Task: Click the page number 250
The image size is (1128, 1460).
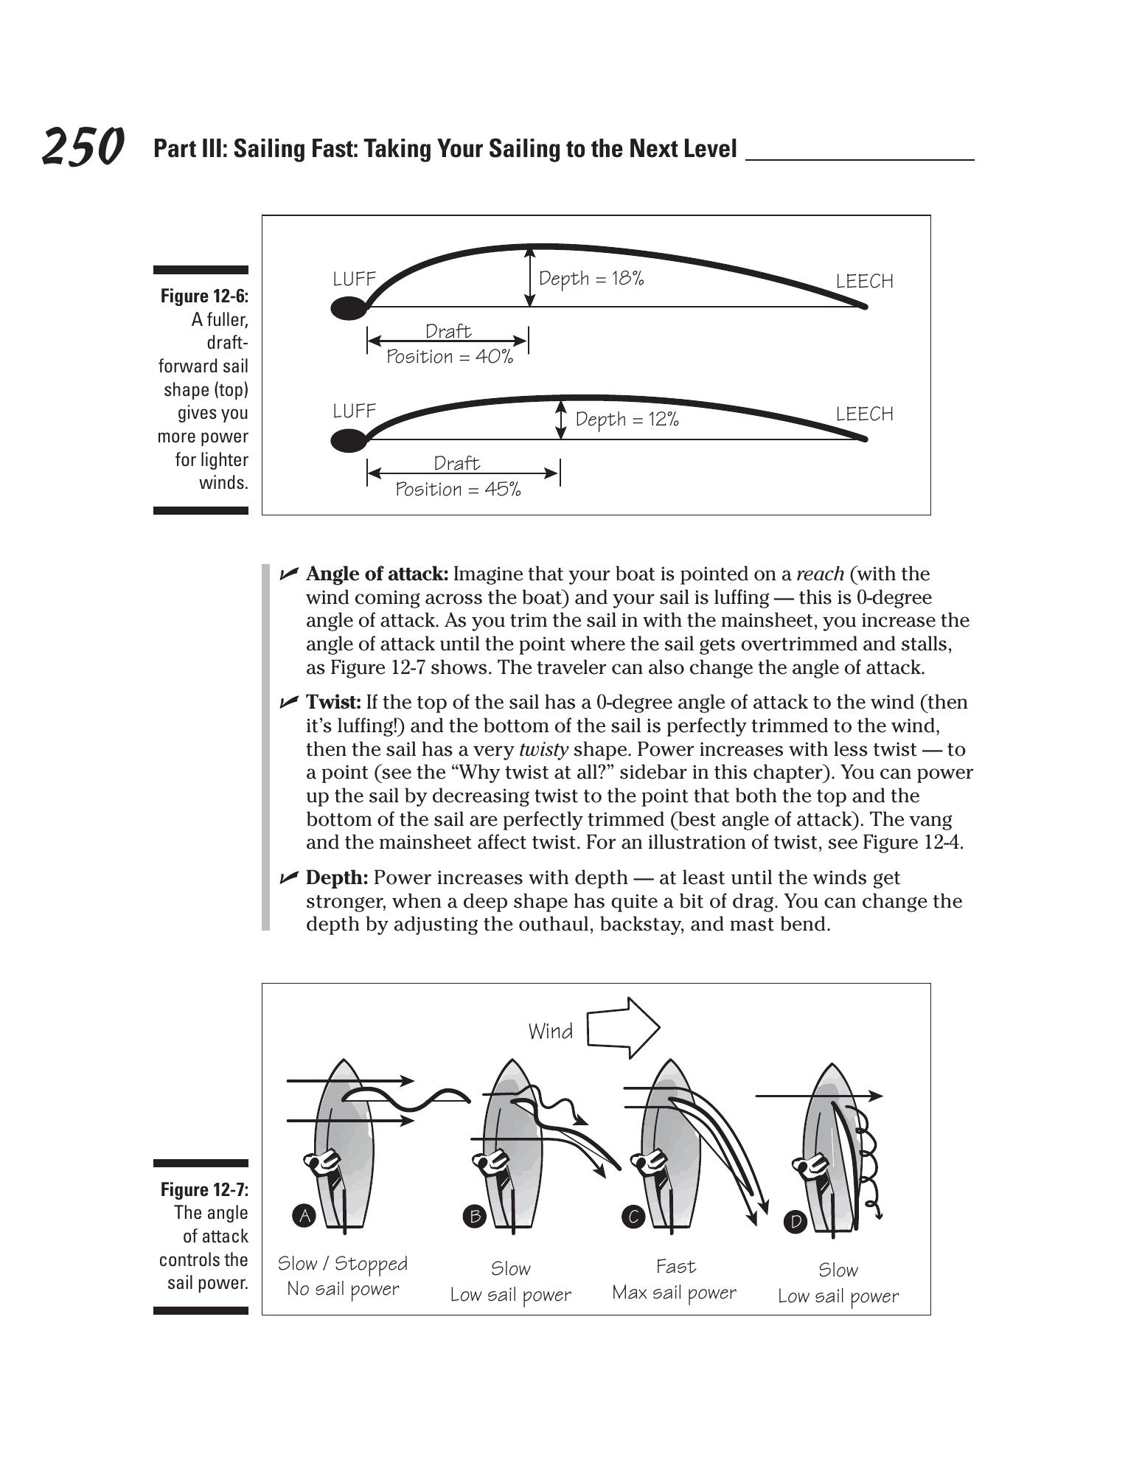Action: pyautogui.click(x=83, y=147)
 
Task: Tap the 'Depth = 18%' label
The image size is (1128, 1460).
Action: pyautogui.click(x=591, y=279)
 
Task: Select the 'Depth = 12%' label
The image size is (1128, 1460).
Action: pyautogui.click(x=627, y=420)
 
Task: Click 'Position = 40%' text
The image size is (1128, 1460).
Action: pyautogui.click(x=450, y=357)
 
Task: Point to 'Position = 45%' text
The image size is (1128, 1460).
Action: pyautogui.click(x=458, y=490)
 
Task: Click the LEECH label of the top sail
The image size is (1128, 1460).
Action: pyautogui.click(x=864, y=281)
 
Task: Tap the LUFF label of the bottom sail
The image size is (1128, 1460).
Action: pyautogui.click(x=355, y=411)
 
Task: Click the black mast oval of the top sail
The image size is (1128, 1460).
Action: pyautogui.click(x=348, y=307)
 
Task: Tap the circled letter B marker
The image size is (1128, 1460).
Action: pyautogui.click(x=475, y=1216)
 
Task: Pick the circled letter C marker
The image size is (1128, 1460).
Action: pyautogui.click(x=633, y=1216)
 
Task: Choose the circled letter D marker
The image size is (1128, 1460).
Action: pyautogui.click(x=795, y=1222)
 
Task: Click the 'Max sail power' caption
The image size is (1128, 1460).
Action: pyautogui.click(x=674, y=1293)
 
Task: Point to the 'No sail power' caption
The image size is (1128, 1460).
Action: pyautogui.click(x=343, y=1289)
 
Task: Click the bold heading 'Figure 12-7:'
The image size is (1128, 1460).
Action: pyautogui.click(x=204, y=1189)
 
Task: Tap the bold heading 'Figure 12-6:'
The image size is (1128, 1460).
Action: pyautogui.click(x=204, y=296)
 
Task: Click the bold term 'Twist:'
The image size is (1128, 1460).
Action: pyautogui.click(x=333, y=703)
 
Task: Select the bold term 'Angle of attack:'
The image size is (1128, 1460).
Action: pyautogui.click(x=377, y=574)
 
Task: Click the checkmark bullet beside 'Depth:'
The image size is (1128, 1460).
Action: pyautogui.click(x=289, y=877)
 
